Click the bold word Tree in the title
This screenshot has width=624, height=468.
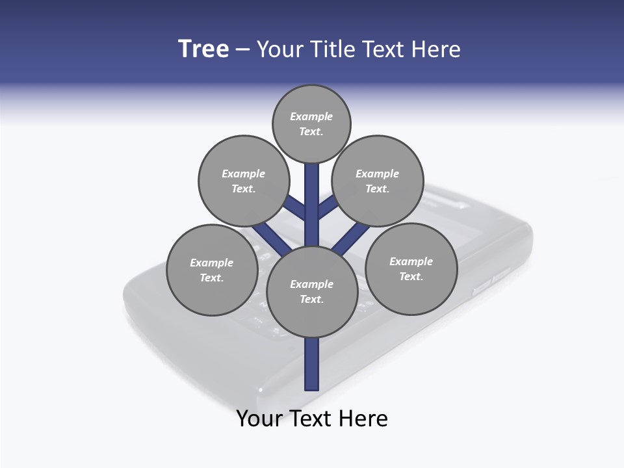click(203, 49)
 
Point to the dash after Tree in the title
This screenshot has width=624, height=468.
click(242, 50)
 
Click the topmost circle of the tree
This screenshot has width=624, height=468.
click(311, 123)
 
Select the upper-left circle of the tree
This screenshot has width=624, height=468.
click(243, 181)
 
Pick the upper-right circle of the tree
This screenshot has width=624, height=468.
click(378, 181)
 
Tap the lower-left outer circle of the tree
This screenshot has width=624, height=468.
click(212, 270)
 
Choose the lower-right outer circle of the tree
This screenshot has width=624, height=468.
click(411, 268)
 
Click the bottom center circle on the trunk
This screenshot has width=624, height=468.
click(312, 292)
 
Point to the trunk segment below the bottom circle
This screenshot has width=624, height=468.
click(312, 364)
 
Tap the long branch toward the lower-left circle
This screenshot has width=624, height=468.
click(268, 237)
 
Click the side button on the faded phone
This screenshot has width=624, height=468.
click(482, 285)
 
